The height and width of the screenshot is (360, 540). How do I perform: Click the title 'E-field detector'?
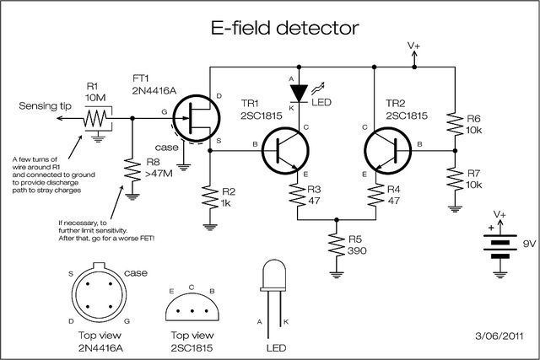(285, 28)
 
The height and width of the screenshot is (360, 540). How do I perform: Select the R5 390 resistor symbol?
(337, 245)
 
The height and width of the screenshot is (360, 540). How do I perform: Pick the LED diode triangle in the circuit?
(299, 94)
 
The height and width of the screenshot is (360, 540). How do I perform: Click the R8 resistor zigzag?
(132, 170)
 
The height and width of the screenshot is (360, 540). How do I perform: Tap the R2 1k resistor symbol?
(210, 197)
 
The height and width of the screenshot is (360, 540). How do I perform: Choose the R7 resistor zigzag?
(455, 179)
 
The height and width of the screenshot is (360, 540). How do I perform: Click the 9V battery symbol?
(500, 246)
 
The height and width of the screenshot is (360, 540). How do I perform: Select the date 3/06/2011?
(499, 336)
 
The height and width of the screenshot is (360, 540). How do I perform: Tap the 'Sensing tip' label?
(45, 105)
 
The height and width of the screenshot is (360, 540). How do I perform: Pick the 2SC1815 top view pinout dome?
(192, 307)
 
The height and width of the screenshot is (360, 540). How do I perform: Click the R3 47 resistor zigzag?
(298, 195)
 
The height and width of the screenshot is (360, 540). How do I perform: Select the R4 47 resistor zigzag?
(375, 195)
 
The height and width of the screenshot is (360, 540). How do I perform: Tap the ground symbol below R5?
(337, 275)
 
